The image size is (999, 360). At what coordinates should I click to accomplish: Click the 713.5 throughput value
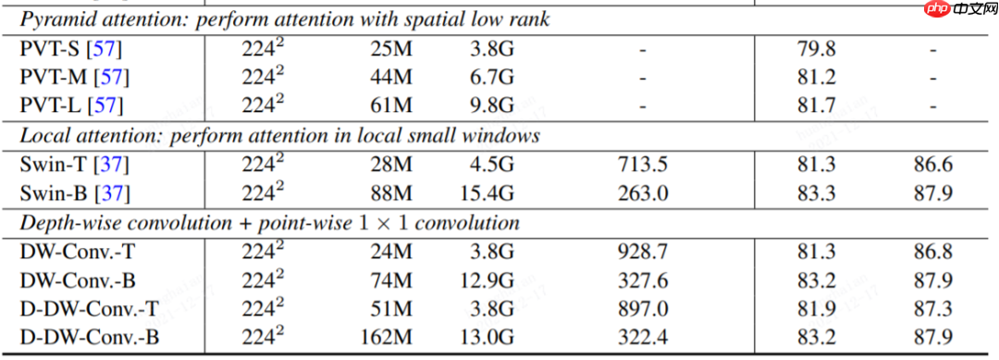643,167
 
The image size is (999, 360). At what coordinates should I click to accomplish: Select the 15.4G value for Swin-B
485,194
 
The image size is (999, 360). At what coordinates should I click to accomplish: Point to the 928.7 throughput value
643,252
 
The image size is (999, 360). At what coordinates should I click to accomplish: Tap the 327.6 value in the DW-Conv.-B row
643,280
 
